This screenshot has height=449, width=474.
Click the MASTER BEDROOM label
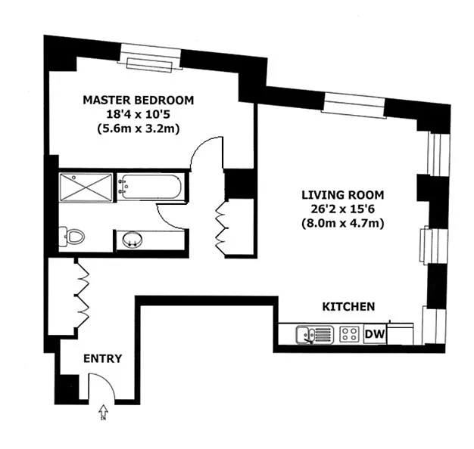139,101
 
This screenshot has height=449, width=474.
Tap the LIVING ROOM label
343,195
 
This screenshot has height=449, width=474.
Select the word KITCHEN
348,307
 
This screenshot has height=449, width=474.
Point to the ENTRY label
102,358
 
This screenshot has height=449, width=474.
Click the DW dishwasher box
375,334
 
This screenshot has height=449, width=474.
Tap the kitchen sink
315,335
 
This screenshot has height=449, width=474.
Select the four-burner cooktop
350,334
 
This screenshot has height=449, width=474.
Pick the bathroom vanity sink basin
133,240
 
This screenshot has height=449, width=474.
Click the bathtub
150,187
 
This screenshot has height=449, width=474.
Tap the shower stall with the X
86,187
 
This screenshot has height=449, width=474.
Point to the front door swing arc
108,381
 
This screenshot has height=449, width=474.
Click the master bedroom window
150,58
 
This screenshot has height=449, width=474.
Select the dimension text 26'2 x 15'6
343,209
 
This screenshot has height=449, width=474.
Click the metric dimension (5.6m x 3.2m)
139,129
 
